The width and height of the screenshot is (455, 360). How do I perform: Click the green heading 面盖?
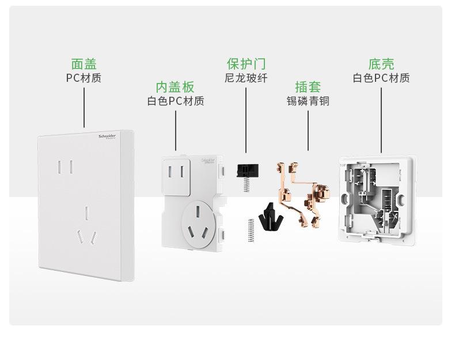click(x=84, y=64)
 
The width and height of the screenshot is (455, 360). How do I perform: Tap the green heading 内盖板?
click(x=175, y=87)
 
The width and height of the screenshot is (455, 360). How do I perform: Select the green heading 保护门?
click(x=246, y=63)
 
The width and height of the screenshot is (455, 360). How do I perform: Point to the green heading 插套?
click(x=308, y=87)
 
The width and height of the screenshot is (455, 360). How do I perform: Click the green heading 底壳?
click(x=381, y=64)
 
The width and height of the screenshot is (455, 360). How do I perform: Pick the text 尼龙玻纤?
click(x=246, y=78)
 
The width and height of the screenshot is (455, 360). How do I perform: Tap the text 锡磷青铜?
click(x=308, y=101)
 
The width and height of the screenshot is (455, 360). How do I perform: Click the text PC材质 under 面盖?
click(x=84, y=78)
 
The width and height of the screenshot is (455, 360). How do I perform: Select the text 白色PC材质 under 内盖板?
click(x=175, y=101)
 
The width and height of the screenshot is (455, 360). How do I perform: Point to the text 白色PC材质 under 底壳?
click(x=381, y=78)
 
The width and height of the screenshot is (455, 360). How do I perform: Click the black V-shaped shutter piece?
click(x=268, y=216)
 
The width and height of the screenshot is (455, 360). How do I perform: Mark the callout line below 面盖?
click(x=84, y=107)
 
